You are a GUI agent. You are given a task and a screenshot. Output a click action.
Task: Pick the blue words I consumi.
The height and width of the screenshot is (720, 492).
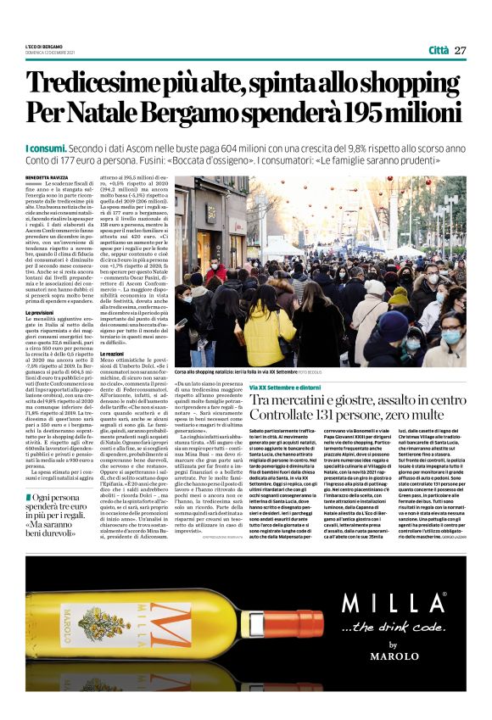[x=44, y=148]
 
